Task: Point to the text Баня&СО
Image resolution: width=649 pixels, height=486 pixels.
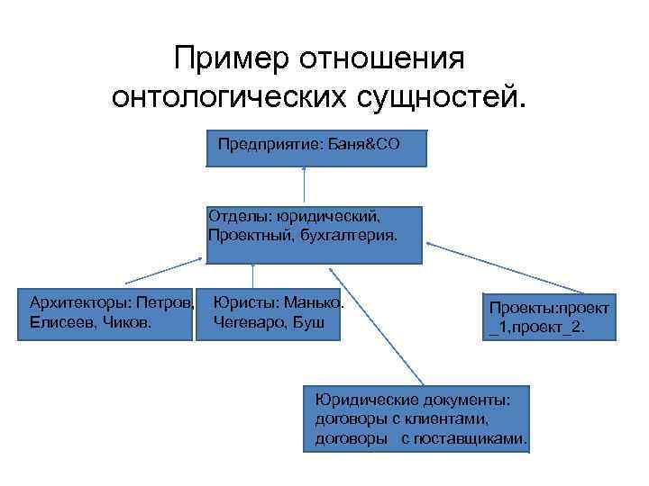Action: pos(361,144)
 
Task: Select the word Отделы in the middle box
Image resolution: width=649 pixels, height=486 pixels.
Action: pos(240,216)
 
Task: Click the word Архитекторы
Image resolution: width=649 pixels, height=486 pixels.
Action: pos(80,300)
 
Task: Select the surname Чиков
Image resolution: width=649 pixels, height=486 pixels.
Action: pos(126,320)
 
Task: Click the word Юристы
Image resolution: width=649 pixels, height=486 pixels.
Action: pos(242,303)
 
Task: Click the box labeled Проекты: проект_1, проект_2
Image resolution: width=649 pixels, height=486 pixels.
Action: pos(550,317)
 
